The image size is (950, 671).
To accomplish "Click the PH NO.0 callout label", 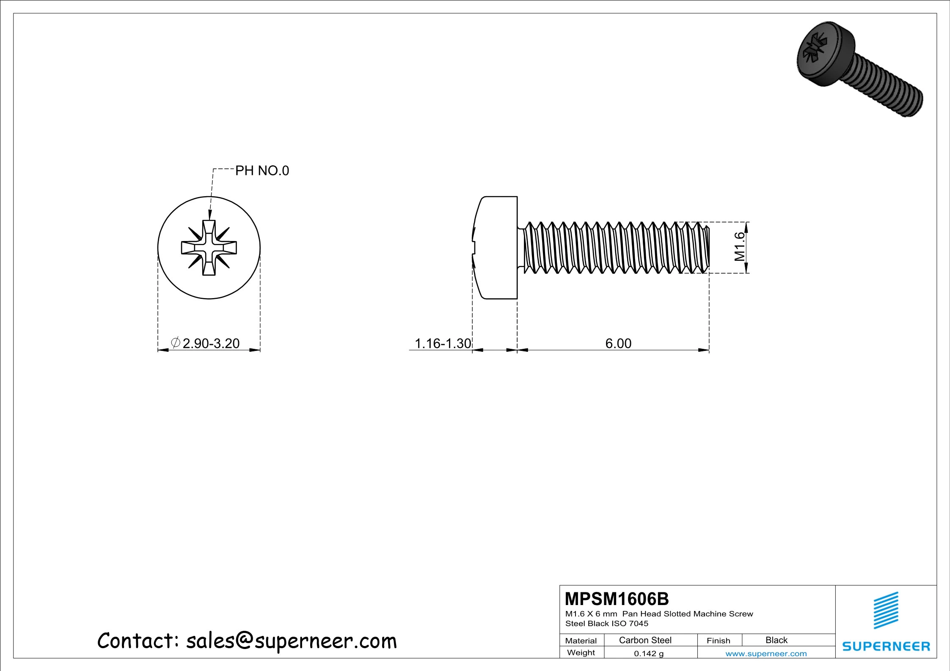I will tap(262, 171).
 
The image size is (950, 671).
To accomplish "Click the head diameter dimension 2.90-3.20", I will tap(211, 343).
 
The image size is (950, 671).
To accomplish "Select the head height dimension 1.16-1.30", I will tap(443, 343).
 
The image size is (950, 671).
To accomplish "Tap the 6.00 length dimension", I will tap(618, 343).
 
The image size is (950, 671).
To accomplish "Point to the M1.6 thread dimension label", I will tap(739, 246).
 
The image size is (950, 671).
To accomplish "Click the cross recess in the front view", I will tap(209, 248).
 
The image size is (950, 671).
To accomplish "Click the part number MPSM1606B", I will tap(617, 599).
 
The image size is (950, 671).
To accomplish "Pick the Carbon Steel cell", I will tap(645, 640).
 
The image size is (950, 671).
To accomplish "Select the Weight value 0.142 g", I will tap(649, 654).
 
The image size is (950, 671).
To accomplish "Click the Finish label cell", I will tap(718, 641).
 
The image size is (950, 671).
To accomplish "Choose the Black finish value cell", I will tap(777, 640).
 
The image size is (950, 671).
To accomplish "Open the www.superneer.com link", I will tap(766, 654).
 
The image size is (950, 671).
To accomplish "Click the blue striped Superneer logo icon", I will tap(886, 611).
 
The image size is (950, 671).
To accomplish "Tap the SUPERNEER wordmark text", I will tap(886, 646).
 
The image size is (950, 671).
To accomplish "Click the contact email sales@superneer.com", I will tap(291, 641).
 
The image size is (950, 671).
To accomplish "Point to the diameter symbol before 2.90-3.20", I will tap(176, 342).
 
